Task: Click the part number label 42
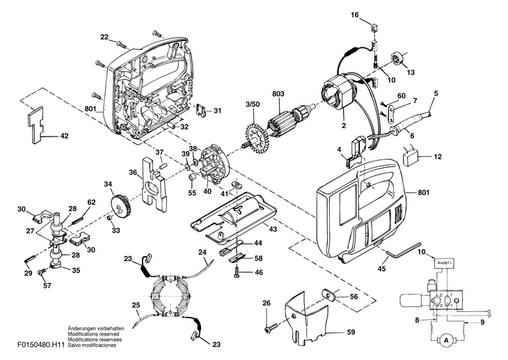[65, 136]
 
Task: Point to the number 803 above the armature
[278, 94]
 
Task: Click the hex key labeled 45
[404, 251]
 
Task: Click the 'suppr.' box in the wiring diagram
[444, 263]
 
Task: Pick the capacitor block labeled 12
[411, 158]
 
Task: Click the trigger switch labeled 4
[357, 152]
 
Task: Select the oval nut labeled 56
[329, 295]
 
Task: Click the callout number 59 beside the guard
[351, 332]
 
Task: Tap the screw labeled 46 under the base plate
[237, 272]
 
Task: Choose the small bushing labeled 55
[193, 178]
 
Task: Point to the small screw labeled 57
[42, 273]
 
